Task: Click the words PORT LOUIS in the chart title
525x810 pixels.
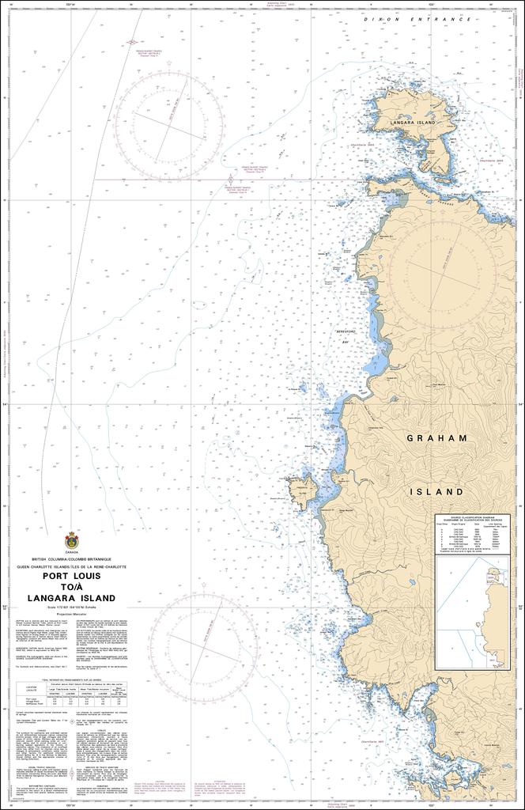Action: pyautogui.click(x=71, y=577)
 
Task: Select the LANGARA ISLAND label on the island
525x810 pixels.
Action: pyautogui.click(x=413, y=123)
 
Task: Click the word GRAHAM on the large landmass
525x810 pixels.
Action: pyautogui.click(x=437, y=437)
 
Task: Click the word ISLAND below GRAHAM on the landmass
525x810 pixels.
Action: pyautogui.click(x=436, y=491)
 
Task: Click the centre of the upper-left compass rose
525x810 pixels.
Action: pyautogui.click(x=168, y=123)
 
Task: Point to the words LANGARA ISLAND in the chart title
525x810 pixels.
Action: pyautogui.click(x=71, y=598)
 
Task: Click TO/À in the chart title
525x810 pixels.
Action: pyautogui.click(x=71, y=588)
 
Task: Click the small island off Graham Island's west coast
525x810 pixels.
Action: pyautogui.click(x=302, y=492)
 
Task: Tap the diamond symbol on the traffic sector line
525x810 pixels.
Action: pyautogui.click(x=230, y=180)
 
